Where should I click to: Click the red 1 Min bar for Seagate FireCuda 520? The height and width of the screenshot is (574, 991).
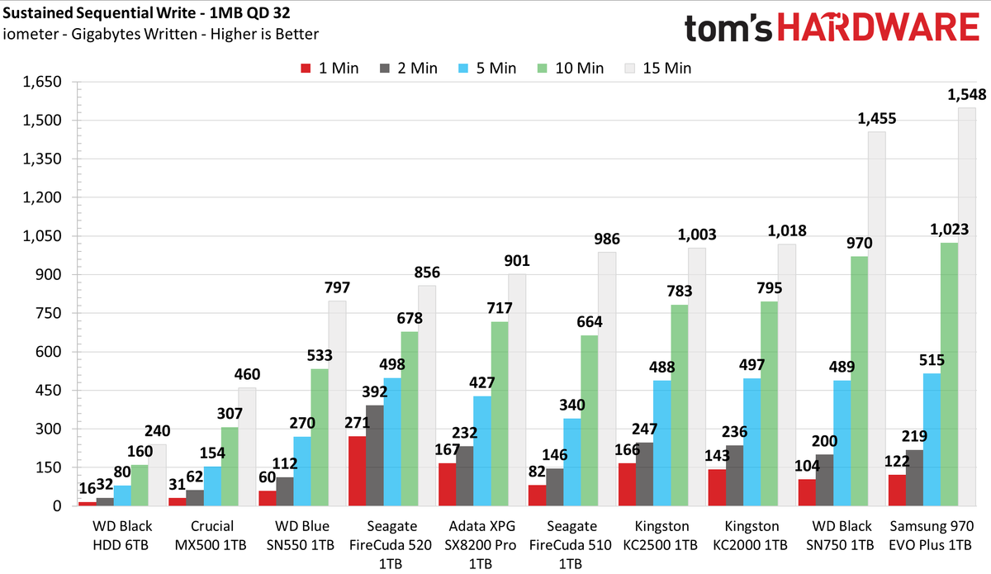point(357,471)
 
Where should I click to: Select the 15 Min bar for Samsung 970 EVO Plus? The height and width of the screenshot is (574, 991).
point(967,306)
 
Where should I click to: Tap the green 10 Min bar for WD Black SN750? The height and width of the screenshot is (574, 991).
point(859,381)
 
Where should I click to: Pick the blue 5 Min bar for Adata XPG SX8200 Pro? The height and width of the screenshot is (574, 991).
point(482,451)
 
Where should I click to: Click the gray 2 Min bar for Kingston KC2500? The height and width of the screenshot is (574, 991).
point(645,474)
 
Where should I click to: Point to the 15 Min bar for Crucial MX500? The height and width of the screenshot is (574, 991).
point(247,447)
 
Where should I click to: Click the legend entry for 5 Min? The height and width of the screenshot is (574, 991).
point(487,69)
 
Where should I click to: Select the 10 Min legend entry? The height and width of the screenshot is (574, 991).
point(571,69)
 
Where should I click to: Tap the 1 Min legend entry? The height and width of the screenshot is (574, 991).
point(330,69)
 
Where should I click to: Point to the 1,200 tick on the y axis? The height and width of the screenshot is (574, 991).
point(42,197)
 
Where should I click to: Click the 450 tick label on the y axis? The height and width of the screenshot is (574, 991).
point(49,391)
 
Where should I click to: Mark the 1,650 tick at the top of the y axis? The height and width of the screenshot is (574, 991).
point(42,82)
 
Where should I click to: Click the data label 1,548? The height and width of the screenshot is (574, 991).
point(967,94)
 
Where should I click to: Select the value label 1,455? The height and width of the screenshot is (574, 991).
point(877,118)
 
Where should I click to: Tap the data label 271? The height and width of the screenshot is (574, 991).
point(357,423)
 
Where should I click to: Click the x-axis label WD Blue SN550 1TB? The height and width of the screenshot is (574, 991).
point(301,535)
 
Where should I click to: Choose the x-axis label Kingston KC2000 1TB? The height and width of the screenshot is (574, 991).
point(751,535)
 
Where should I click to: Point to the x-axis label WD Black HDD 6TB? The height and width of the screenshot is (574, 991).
point(121,535)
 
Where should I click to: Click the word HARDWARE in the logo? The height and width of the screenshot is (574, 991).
point(878,27)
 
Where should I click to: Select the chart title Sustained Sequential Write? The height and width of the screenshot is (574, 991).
point(99,13)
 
